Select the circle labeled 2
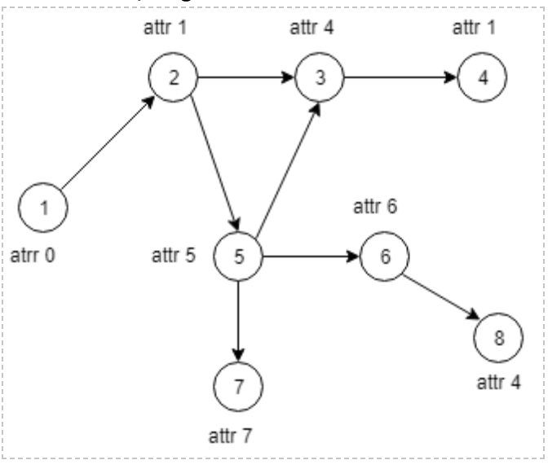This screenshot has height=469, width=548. click(173, 78)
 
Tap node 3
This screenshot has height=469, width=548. click(320, 78)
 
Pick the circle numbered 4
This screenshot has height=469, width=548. click(483, 78)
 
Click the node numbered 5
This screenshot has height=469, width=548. click(238, 257)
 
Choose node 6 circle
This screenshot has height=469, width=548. click(385, 257)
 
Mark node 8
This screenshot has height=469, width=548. click(499, 338)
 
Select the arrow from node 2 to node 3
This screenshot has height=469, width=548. click(246, 78)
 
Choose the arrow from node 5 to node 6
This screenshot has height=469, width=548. click(312, 257)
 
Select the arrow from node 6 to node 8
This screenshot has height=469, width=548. click(441, 297)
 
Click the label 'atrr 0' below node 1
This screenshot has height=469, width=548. click(35, 256)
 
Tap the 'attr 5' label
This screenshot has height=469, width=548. click(174, 256)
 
